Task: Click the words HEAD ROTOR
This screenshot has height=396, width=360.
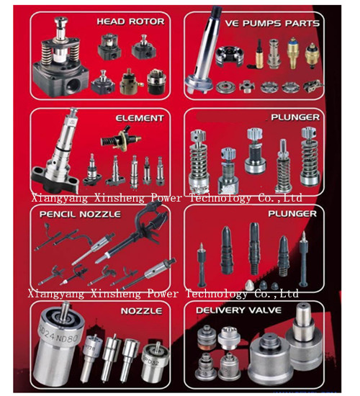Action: point(130,22)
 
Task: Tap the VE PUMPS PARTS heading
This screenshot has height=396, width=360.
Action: point(272,23)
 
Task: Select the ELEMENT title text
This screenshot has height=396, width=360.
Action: point(140,118)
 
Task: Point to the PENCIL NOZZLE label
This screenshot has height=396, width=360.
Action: point(80,215)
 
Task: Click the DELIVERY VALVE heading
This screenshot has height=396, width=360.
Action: point(238,310)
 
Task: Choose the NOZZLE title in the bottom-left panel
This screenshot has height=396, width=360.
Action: point(141,311)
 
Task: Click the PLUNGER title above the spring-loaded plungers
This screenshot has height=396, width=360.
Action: point(295,117)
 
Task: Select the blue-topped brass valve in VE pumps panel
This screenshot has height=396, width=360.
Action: point(293,53)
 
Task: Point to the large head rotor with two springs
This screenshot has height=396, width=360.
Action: point(60,58)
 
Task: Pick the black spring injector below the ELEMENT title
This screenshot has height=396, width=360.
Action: point(121,138)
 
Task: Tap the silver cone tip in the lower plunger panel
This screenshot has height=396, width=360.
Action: point(250,285)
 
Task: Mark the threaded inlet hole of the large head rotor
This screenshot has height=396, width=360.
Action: point(73,85)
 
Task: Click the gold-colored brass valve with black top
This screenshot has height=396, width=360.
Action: point(259,54)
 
